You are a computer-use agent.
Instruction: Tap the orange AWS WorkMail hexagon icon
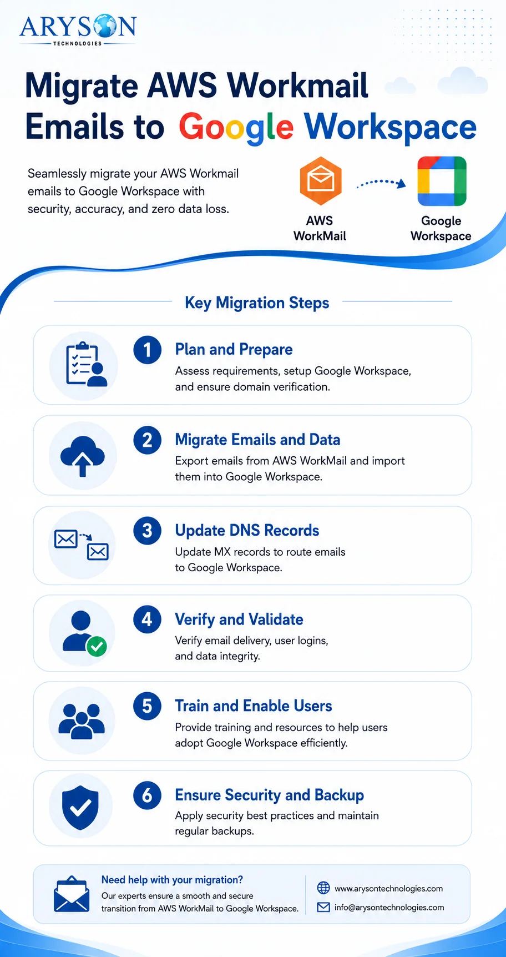coord(320,181)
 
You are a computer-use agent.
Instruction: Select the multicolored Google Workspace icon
coord(442,181)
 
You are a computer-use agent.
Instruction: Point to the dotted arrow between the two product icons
coord(381,183)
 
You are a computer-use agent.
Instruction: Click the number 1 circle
coord(148,350)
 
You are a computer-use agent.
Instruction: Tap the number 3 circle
coord(148,531)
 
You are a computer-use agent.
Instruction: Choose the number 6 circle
coord(148,795)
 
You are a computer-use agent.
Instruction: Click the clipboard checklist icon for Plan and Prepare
coord(86,364)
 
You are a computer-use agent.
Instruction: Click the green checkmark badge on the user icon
coord(97,646)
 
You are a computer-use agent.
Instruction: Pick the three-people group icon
coord(82,721)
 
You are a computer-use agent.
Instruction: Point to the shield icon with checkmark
coord(80,808)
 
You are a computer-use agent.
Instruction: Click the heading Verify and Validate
coord(239,619)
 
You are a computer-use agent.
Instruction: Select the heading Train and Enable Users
coord(254,706)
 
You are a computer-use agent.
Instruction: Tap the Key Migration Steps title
coord(257,303)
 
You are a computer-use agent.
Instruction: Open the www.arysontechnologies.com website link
coord(388,889)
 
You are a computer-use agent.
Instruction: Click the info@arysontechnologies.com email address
coord(389,908)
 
